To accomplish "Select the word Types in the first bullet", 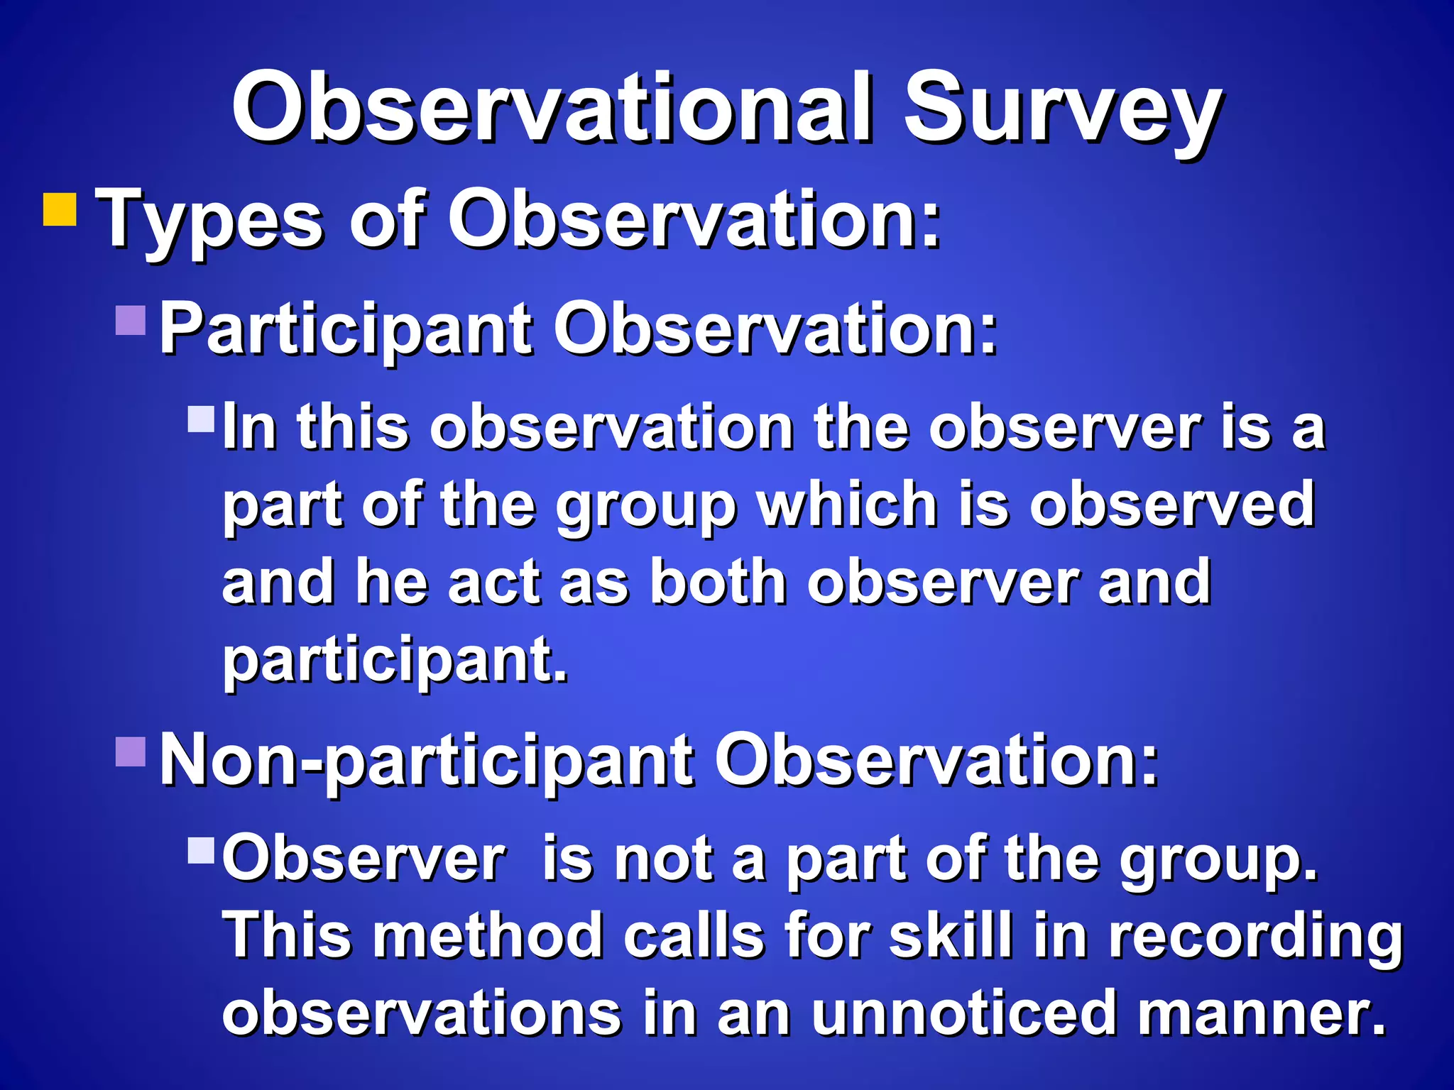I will (210, 220).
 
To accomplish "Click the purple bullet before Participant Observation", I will (131, 320).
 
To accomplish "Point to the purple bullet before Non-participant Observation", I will (131, 752).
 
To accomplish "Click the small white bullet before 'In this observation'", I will (201, 419).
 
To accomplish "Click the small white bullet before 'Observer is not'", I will (201, 850).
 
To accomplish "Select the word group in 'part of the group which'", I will (645, 507).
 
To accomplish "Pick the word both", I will (718, 582).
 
